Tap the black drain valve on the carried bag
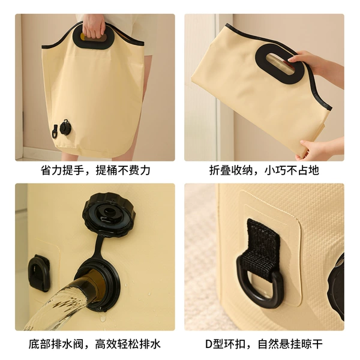[x=65, y=127]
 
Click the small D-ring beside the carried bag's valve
[x=55, y=131]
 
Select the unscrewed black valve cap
[x=109, y=211]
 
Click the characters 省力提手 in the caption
[x=62, y=170]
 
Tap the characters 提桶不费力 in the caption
[x=123, y=170]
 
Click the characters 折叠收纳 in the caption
[x=231, y=170]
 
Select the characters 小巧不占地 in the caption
[x=292, y=170]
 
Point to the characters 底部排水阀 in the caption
[x=56, y=344]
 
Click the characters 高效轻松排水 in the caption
[x=128, y=344]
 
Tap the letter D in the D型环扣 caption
[x=208, y=344]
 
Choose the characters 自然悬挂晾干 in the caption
[x=290, y=344]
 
